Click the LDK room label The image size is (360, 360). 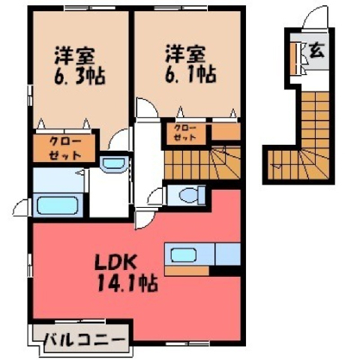click(x=115, y=262)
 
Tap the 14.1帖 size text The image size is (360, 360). click(x=127, y=283)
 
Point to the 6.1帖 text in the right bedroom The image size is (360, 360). click(x=190, y=74)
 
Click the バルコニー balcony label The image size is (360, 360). click(x=84, y=340)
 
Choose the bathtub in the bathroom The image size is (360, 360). click(x=58, y=205)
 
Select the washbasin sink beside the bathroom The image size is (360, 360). click(x=114, y=164)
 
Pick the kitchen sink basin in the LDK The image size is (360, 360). click(x=183, y=255)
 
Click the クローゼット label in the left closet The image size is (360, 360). click(x=65, y=148)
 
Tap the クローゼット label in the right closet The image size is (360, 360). click(x=185, y=133)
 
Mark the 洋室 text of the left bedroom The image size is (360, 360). click(x=74, y=55)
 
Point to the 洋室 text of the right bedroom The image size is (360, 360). click(x=185, y=53)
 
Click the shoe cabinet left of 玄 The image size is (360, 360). click(x=293, y=58)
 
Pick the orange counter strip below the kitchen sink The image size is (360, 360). click(x=187, y=271)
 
